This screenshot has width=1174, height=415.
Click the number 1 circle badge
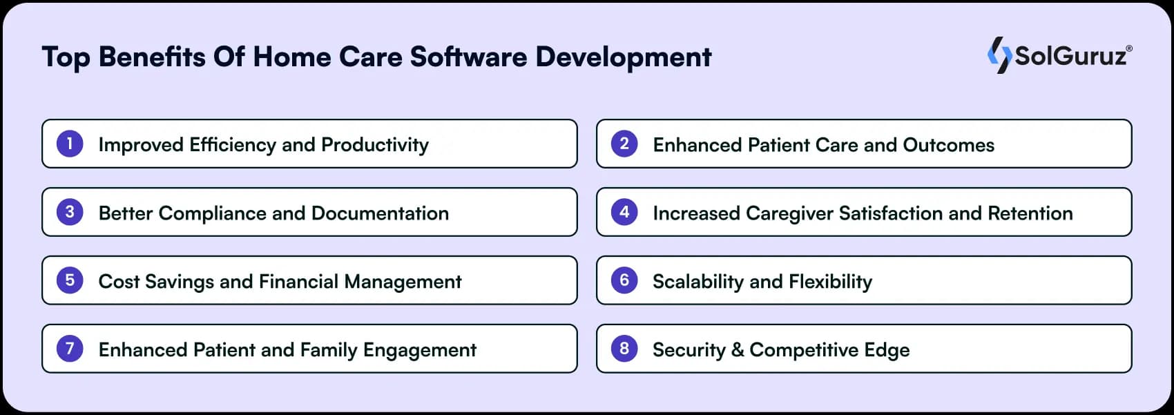[x=70, y=144]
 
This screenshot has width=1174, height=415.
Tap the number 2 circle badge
[x=624, y=144]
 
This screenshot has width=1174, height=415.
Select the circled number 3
[x=70, y=212]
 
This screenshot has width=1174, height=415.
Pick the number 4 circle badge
[x=624, y=212]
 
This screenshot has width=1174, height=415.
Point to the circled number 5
[x=70, y=280]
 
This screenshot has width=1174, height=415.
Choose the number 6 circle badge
[x=624, y=280]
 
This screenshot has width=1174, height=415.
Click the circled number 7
[x=70, y=349]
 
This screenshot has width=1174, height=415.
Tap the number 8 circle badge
[x=624, y=349]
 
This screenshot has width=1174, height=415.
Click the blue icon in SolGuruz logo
[x=999, y=55]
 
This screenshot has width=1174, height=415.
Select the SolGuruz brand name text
[x=1071, y=56]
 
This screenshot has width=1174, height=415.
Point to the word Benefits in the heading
[x=152, y=57]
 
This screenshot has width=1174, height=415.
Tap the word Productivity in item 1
[x=375, y=145]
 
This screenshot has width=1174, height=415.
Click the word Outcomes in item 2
[x=948, y=145]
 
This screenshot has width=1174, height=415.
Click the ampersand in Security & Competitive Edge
[x=738, y=350]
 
